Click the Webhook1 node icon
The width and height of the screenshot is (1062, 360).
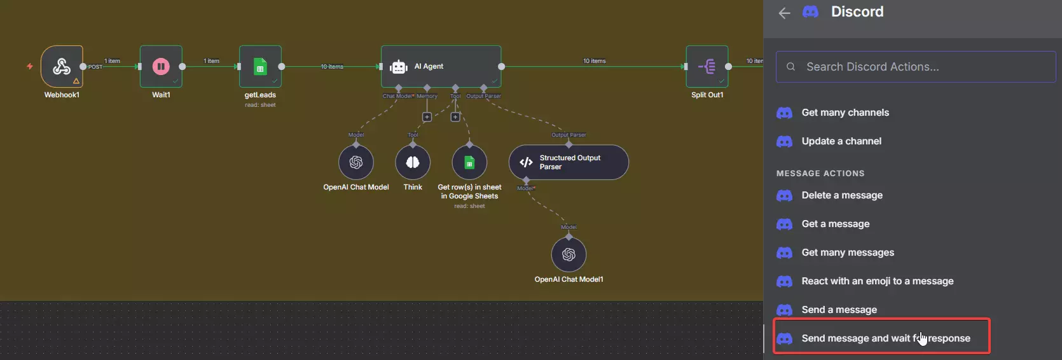tap(62, 66)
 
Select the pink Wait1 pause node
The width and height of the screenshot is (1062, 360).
tap(161, 66)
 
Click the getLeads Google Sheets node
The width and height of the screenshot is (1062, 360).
tap(260, 66)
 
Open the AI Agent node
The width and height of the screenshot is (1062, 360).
tap(441, 66)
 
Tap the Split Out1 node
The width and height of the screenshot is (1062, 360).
tap(707, 66)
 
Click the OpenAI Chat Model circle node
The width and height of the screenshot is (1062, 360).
tap(356, 162)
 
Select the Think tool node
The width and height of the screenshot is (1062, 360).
tap(413, 162)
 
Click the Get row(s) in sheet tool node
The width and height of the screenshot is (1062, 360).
tap(469, 162)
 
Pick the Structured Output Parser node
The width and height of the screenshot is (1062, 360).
tap(569, 162)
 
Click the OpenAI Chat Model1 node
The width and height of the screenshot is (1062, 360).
tap(569, 254)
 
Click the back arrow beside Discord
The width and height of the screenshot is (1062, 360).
tap(785, 13)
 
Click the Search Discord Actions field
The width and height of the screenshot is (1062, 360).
tap(916, 67)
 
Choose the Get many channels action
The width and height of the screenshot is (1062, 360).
tap(845, 113)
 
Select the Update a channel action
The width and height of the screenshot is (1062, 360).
tap(841, 141)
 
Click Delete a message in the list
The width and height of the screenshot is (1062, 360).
tap(842, 195)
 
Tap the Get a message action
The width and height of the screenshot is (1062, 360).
tap(835, 224)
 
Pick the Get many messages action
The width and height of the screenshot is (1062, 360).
tap(848, 253)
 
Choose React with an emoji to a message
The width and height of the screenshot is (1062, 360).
tap(877, 281)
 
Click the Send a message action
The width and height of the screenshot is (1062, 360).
tap(839, 310)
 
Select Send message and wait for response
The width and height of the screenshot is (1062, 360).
tap(885, 338)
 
